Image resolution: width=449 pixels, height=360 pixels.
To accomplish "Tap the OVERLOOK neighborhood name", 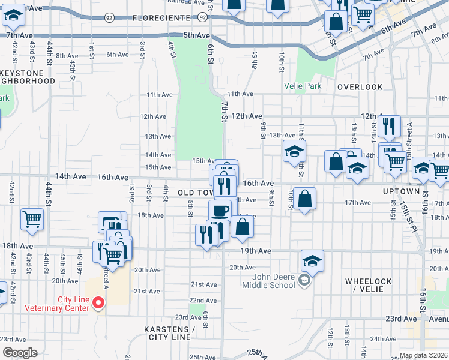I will click(360, 87).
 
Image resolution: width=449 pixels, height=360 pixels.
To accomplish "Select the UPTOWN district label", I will click(400, 191).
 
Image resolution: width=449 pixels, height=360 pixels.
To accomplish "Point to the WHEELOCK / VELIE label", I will click(369, 286).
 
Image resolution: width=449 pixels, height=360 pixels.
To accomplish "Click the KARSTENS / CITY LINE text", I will click(170, 334).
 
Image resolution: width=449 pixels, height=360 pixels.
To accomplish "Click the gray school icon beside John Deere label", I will click(304, 280).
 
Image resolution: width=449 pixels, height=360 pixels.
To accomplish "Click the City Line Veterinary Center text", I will click(56, 304).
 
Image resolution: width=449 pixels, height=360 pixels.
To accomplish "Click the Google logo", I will click(20, 352).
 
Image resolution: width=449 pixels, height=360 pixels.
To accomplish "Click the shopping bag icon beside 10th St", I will click(304, 199).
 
